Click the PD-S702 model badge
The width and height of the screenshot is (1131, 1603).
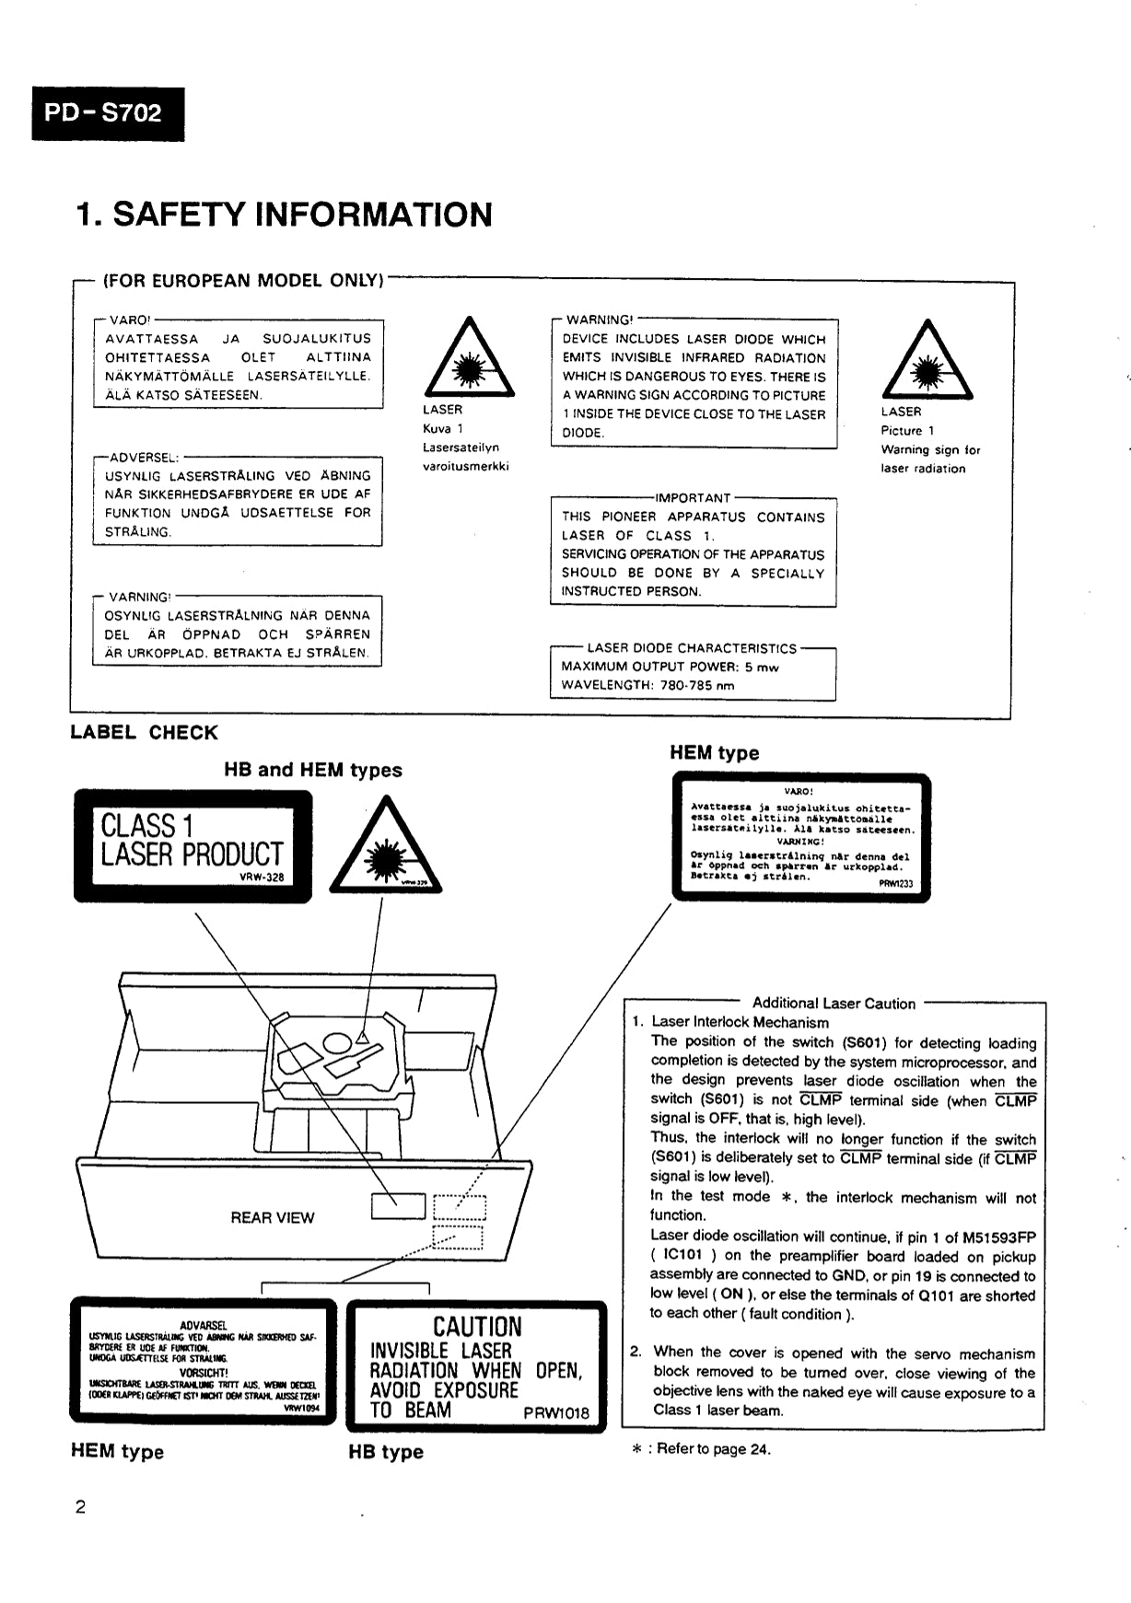(108, 113)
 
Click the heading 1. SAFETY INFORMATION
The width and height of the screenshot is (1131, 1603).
(285, 215)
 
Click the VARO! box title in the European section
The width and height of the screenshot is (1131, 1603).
(128, 319)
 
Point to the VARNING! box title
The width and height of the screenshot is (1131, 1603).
(139, 597)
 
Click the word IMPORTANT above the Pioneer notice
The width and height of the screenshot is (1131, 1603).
(693, 498)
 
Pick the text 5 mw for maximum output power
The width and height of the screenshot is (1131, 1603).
(762, 667)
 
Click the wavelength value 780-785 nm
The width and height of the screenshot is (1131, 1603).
(697, 685)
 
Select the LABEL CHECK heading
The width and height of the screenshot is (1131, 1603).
(144, 733)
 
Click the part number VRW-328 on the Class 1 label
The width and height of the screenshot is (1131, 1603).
(262, 877)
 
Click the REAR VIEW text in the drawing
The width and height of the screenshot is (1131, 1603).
(272, 1217)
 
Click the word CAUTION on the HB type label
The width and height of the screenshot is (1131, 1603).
(477, 1327)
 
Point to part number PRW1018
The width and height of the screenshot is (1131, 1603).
(556, 1413)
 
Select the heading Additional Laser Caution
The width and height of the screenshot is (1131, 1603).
(834, 1004)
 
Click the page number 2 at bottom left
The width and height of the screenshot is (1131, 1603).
(80, 1507)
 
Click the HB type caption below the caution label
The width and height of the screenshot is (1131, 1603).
(386, 1452)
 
